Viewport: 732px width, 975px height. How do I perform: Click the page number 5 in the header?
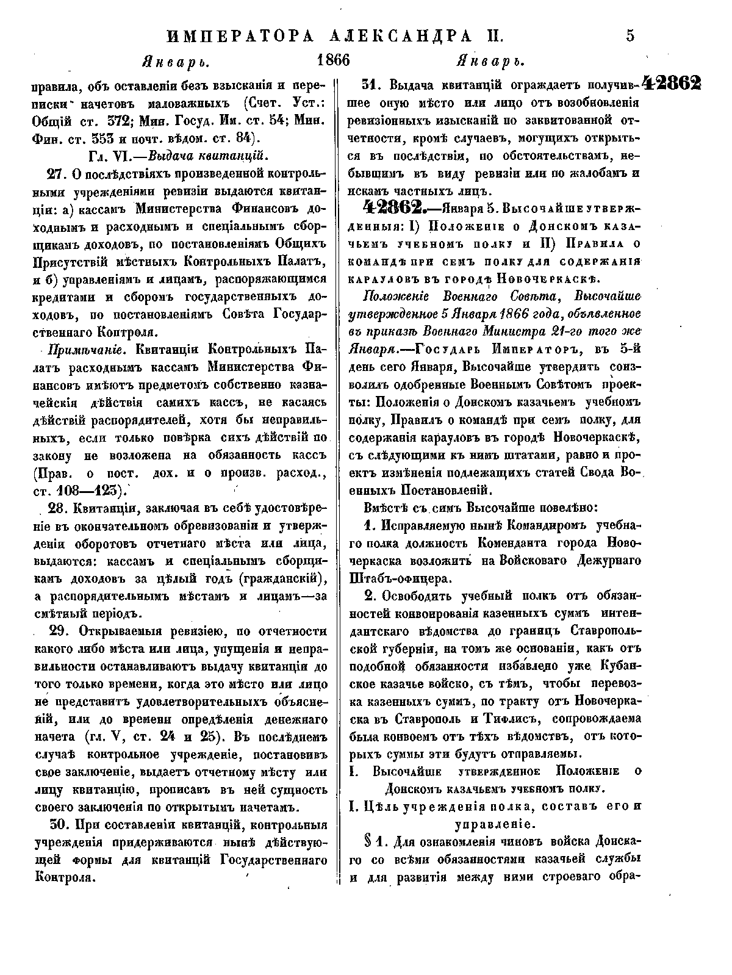pos(630,35)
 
